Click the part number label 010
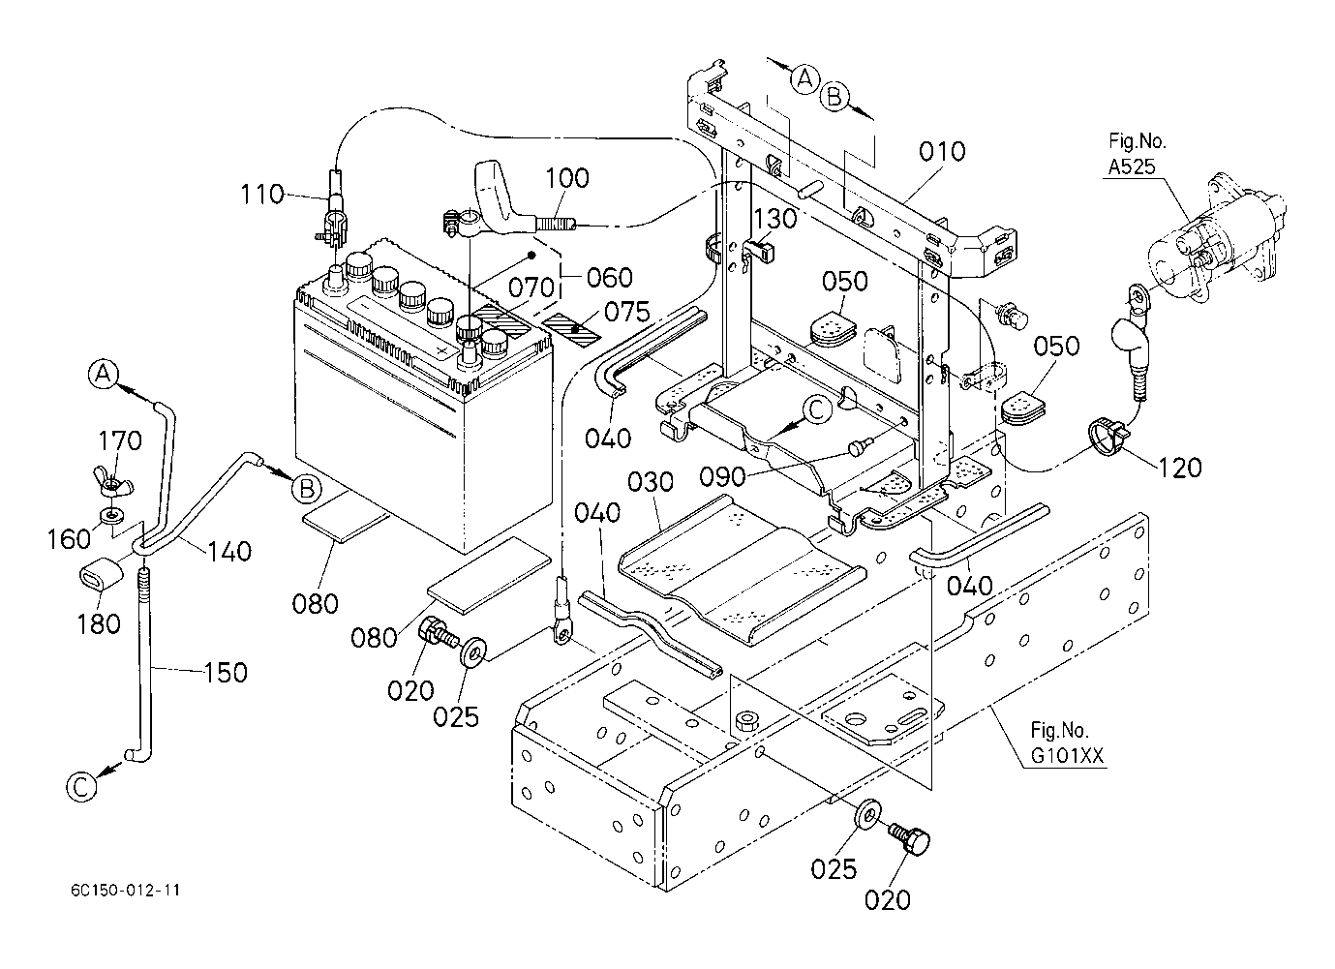click(941, 152)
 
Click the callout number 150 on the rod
click(226, 672)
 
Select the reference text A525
click(1132, 167)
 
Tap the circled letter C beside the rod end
click(82, 786)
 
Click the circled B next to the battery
click(306, 490)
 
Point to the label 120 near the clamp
click(1178, 468)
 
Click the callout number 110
click(261, 195)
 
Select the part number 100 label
click(566, 178)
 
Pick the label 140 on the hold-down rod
click(228, 551)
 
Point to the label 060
click(610, 278)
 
